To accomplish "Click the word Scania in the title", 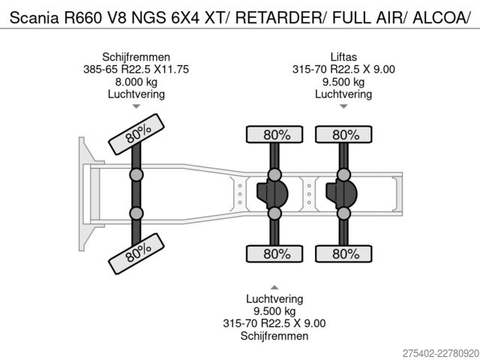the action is pos(34,18).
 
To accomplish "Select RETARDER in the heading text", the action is pos(279,18).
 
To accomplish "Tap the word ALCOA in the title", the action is pos(439,18).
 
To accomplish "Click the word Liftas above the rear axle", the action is pos(343,57).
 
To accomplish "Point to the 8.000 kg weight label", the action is pos(136,82).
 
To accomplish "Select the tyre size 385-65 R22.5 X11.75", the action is pos(136,69).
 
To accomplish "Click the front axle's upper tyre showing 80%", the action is pos(136,134).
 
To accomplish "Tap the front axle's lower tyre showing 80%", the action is pos(136,253).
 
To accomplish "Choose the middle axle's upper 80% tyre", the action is pos(274,134).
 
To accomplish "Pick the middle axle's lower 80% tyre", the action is pos(274,253).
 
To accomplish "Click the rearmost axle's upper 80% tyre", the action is pos(343,134).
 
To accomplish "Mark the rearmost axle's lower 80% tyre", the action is pos(343,253).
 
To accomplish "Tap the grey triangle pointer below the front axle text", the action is pos(136,106).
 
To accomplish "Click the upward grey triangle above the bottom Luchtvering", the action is pos(274,287).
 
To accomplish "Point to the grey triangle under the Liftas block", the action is pos(343,106).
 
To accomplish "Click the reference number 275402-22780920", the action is pos(440,353).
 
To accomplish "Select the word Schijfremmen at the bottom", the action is pos(274,336).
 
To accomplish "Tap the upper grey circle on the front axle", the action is pos(136,175).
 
